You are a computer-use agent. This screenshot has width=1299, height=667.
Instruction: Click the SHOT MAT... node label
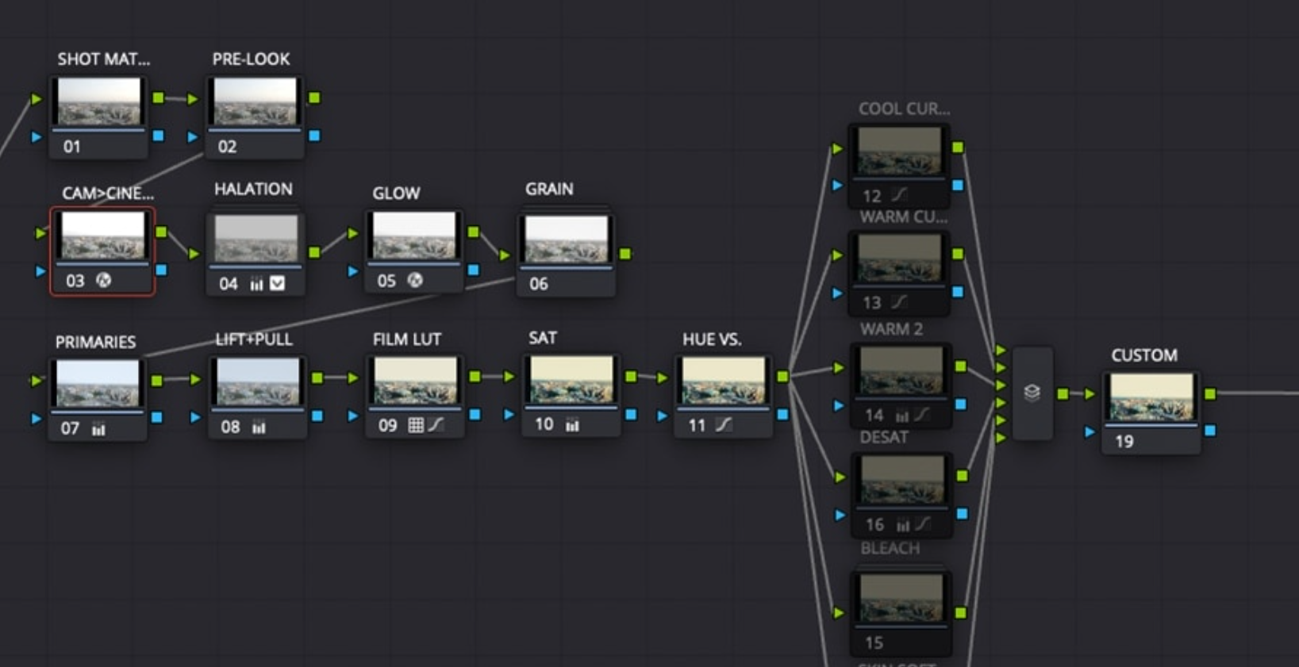point(103,59)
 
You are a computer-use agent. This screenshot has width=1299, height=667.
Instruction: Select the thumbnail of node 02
point(256,102)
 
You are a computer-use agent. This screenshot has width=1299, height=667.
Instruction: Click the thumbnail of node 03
point(103,236)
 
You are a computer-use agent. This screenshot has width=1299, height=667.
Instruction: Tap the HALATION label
point(253,190)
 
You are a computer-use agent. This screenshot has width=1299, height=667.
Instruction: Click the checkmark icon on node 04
point(277,283)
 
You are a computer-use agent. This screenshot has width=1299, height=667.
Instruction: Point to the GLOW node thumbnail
point(414,236)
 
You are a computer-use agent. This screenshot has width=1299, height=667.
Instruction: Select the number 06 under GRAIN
point(539,284)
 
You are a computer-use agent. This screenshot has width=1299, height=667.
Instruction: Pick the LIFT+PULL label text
point(254,340)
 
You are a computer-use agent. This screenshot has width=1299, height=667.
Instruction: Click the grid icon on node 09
point(415,425)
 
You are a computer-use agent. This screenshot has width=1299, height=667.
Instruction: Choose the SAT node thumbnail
point(571,380)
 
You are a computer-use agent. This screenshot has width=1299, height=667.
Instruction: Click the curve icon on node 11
point(723,425)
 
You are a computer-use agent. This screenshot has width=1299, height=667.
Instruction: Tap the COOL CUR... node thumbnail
point(899,151)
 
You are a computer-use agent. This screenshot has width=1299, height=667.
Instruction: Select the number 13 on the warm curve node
point(871,303)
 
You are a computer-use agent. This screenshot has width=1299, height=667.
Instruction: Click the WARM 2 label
point(891,329)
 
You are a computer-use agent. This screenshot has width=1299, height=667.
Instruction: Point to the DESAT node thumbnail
point(901,480)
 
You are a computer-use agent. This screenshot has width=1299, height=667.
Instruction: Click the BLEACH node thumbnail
point(901,598)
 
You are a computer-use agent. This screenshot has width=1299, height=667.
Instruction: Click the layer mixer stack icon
point(1032,393)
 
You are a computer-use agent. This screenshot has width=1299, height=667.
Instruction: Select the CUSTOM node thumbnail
point(1151,397)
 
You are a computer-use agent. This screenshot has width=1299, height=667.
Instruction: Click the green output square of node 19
point(1210,394)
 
